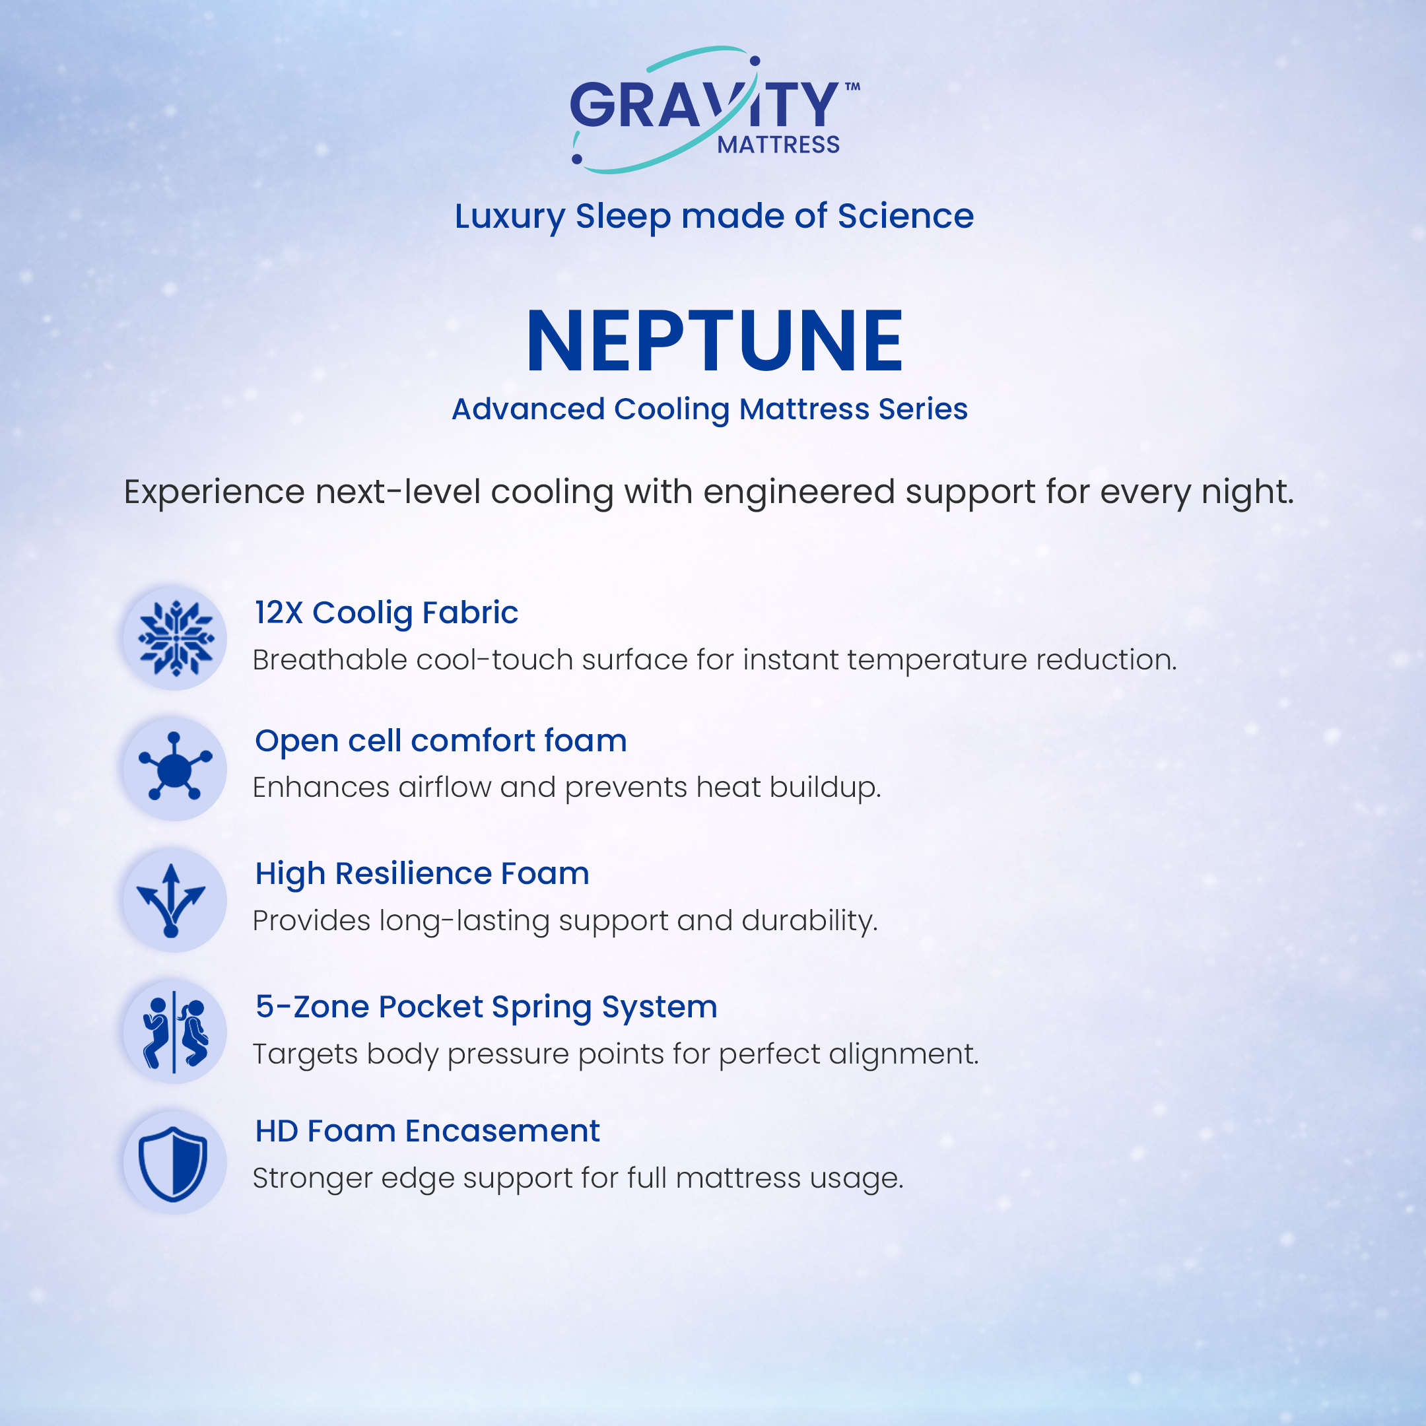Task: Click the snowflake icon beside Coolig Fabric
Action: pyautogui.click(x=176, y=638)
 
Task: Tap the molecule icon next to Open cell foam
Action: pyautogui.click(x=175, y=766)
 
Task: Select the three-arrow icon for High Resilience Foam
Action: pyautogui.click(x=171, y=900)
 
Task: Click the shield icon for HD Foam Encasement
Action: pyautogui.click(x=173, y=1164)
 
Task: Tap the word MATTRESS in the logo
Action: pyautogui.click(x=779, y=145)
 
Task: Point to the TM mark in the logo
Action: pyautogui.click(x=852, y=86)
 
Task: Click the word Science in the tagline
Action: pyautogui.click(x=906, y=217)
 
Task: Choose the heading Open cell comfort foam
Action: pyautogui.click(x=440, y=741)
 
